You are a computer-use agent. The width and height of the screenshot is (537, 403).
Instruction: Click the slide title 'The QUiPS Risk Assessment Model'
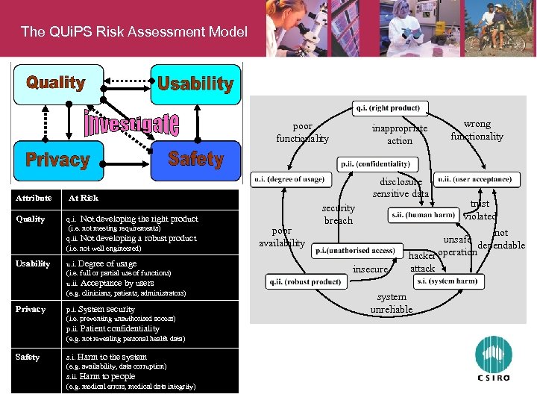(x=134, y=31)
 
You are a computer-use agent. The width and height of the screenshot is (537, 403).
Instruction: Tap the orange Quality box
(x=56, y=83)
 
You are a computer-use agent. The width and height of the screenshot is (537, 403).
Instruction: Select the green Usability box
(x=195, y=84)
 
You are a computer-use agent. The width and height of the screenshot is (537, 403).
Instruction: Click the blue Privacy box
(x=57, y=159)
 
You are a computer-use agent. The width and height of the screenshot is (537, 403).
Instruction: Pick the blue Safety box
(x=195, y=159)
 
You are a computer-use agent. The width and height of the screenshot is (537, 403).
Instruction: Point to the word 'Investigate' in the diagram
(x=131, y=123)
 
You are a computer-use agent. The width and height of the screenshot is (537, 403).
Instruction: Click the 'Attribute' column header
(x=34, y=198)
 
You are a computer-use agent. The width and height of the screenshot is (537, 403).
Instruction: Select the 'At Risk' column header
(x=84, y=198)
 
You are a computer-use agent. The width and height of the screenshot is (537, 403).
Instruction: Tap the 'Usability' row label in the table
(x=33, y=263)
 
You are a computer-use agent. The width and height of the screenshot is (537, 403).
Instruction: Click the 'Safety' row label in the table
(x=28, y=357)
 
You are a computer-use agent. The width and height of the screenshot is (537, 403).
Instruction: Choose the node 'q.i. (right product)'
(x=388, y=108)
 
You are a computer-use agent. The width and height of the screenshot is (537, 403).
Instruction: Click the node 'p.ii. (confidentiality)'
(x=379, y=164)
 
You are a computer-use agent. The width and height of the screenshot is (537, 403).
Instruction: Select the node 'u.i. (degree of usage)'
(x=289, y=179)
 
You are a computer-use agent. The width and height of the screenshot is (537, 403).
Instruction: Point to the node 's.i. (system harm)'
(x=447, y=281)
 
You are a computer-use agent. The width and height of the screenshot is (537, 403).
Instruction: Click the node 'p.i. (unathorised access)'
(x=355, y=251)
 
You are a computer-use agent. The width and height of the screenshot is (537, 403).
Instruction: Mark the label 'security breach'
(x=339, y=214)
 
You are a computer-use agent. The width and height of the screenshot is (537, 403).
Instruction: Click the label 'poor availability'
(x=282, y=237)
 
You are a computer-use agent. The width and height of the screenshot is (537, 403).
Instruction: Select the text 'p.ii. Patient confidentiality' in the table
(x=113, y=328)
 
